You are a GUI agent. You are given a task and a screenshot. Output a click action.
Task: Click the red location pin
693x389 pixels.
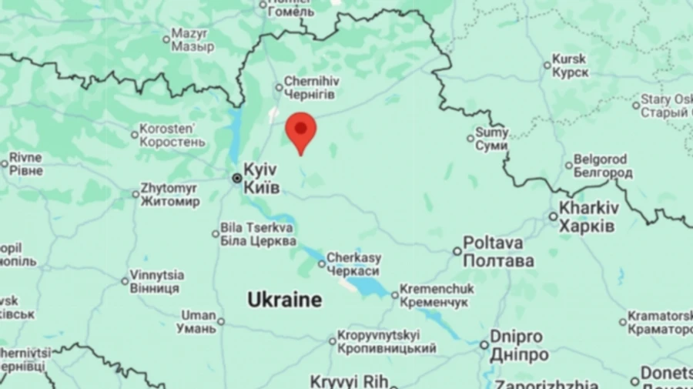pos(300,129)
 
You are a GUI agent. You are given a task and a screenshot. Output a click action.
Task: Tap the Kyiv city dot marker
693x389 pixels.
pos(237,178)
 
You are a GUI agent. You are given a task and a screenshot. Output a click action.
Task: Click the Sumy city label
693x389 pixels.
pos(492,139)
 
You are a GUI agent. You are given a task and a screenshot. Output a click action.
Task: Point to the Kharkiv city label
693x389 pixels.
pos(588,216)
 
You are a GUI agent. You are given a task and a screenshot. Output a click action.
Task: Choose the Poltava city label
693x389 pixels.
pos(498,252)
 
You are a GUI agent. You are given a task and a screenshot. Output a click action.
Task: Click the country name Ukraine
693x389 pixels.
pos(284,300)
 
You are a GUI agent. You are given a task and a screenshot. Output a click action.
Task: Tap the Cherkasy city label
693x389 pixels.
pos(353,264)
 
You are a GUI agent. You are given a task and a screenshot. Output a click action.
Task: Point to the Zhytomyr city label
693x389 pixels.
pos(169,195)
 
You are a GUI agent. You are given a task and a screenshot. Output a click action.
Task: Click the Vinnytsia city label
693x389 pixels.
pos(157,281)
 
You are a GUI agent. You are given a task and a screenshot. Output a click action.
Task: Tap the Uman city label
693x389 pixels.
pos(199,322)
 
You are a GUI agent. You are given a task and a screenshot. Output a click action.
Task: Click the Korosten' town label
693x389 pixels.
pos(172,136)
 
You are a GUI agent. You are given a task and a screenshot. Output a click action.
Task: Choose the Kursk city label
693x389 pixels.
pos(570,65)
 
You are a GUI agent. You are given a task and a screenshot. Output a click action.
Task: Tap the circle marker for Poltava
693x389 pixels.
pos(457,251)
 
